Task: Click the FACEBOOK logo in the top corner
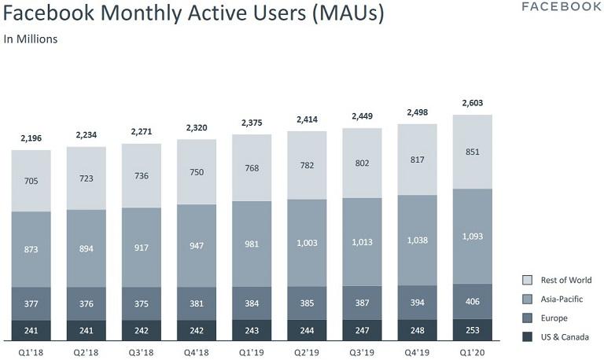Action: (562, 7)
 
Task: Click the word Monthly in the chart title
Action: (160, 14)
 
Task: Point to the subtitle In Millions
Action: (31, 39)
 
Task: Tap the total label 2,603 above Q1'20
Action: (472, 103)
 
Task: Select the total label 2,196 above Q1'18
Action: (31, 138)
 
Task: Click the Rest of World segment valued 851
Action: (472, 152)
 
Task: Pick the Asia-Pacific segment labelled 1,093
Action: (472, 236)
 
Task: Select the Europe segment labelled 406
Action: (472, 300)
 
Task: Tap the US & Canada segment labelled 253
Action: (472, 329)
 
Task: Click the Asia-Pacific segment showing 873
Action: (31, 249)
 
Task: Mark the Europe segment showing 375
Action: (142, 303)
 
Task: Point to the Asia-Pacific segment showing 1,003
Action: (307, 243)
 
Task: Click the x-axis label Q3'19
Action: (362, 351)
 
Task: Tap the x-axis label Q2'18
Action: (87, 351)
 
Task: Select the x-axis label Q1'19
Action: (252, 351)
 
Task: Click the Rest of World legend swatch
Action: (528, 280)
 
